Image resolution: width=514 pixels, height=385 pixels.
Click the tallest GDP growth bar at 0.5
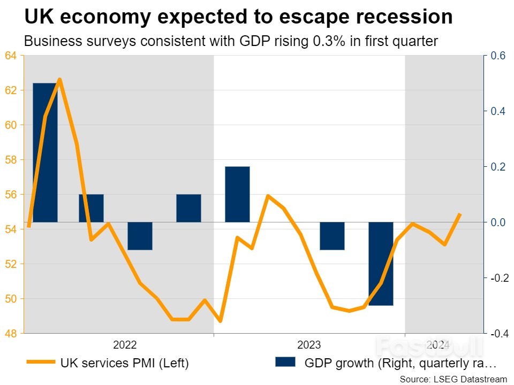point(45,152)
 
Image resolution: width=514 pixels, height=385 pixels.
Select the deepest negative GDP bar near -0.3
point(381,264)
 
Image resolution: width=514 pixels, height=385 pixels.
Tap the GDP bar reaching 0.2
point(237,194)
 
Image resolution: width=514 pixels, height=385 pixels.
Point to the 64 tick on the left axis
point(11,56)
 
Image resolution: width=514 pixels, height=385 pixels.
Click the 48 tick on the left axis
point(11,333)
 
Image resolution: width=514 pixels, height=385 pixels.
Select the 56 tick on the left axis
point(11,195)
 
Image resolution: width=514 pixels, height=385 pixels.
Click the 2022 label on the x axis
point(125,344)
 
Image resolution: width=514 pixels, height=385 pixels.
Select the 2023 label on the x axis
point(309,344)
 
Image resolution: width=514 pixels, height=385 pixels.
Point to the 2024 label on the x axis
point(438,344)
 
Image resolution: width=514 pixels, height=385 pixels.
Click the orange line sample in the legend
point(40,363)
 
